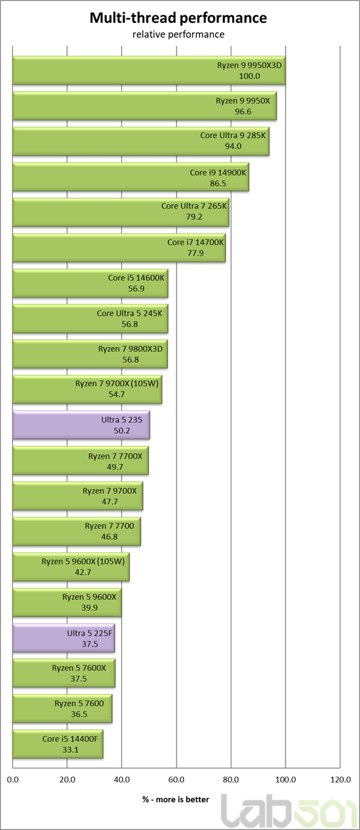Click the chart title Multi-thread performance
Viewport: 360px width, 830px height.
[178, 18]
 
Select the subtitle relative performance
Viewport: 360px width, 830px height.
[179, 34]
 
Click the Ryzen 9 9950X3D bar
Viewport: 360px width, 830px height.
[149, 70]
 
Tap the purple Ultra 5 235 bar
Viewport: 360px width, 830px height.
[81, 425]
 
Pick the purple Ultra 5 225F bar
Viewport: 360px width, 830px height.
[64, 639]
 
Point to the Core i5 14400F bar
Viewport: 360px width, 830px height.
[58, 744]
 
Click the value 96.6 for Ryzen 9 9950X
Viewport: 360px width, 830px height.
[243, 112]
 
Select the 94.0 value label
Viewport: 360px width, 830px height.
[233, 146]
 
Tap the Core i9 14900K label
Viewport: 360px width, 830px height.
[218, 172]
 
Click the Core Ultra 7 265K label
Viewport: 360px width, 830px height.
[194, 206]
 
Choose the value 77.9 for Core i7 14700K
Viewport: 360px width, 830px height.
[196, 253]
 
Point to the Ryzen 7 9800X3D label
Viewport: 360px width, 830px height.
[131, 348]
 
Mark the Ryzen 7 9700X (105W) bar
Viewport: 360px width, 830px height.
[87, 390]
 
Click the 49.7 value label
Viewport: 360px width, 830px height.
[115, 467]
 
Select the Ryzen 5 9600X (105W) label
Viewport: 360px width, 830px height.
[83, 561]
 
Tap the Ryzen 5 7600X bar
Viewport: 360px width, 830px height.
[64, 673]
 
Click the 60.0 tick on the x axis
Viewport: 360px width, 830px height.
[176, 780]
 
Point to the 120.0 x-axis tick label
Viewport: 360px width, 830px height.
[340, 780]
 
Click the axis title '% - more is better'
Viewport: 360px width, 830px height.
[176, 800]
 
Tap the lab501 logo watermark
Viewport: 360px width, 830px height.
[289, 811]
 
